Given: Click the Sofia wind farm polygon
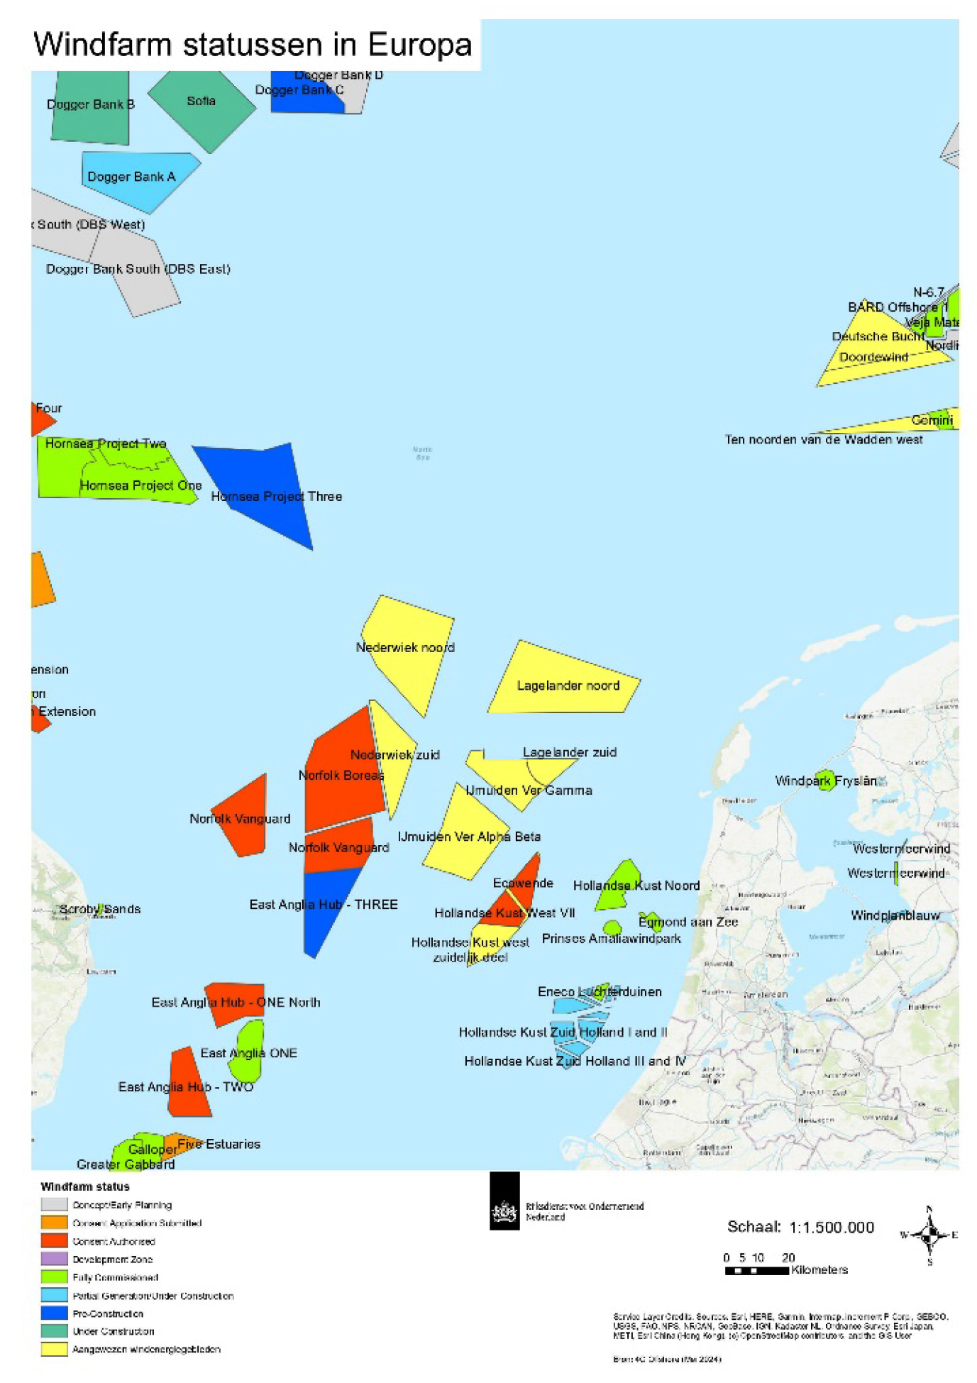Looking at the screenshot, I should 202,114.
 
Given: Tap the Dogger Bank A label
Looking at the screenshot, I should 131,177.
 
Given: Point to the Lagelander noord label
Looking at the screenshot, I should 568,685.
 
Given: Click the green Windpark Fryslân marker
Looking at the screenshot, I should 824,780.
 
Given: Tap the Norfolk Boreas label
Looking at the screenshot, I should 341,775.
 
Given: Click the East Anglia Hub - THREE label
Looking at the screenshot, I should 324,904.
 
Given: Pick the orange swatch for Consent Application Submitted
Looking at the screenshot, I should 54,1223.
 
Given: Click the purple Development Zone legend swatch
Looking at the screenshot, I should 54,1259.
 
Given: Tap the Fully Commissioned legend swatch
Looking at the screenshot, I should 54,1277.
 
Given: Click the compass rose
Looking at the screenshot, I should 929,1235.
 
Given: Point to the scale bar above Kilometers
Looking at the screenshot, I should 756,1271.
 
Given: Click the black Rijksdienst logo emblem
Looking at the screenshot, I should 504,1211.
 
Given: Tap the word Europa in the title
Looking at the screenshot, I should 420,45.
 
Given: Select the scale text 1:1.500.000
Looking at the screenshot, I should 832,1228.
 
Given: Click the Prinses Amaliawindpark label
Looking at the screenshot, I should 611,938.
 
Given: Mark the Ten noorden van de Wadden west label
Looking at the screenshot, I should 823,440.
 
